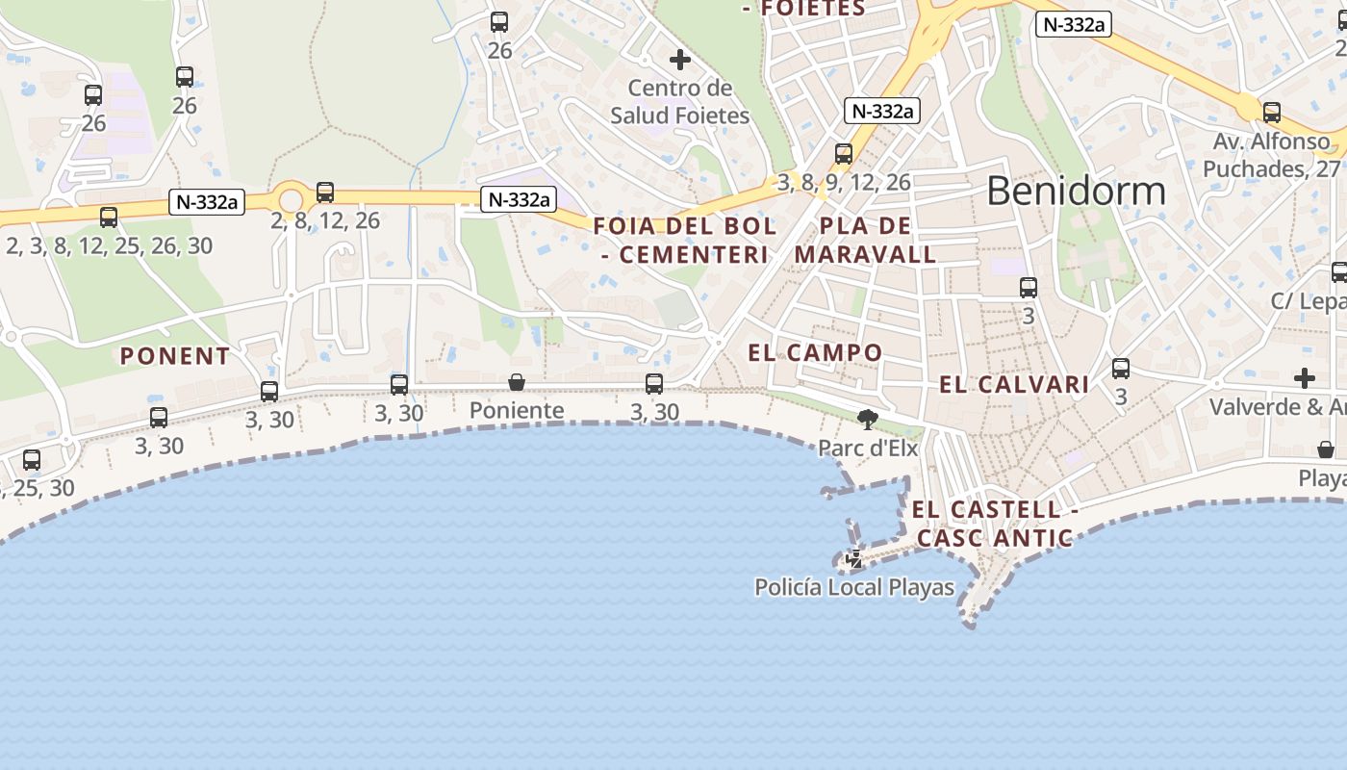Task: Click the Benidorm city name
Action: point(1076,191)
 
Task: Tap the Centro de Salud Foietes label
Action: point(680,102)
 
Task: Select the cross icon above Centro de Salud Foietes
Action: point(680,60)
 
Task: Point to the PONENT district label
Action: point(175,356)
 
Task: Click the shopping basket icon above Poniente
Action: point(517,383)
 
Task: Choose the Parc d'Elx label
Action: point(868,448)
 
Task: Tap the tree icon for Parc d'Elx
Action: point(868,419)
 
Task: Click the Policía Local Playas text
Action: point(854,587)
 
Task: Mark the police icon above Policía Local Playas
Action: point(853,558)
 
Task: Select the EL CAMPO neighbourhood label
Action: point(815,353)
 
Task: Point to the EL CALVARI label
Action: point(1014,385)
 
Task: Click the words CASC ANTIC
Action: point(994,538)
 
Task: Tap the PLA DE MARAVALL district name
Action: point(865,241)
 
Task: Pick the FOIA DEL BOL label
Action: point(684,227)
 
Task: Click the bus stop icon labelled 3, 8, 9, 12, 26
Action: point(844,154)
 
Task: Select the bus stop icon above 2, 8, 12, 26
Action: point(325,192)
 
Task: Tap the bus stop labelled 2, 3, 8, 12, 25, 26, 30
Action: point(109,218)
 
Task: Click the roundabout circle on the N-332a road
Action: point(290,200)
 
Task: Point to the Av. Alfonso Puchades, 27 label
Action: point(1271,155)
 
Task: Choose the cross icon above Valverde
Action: point(1305,377)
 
